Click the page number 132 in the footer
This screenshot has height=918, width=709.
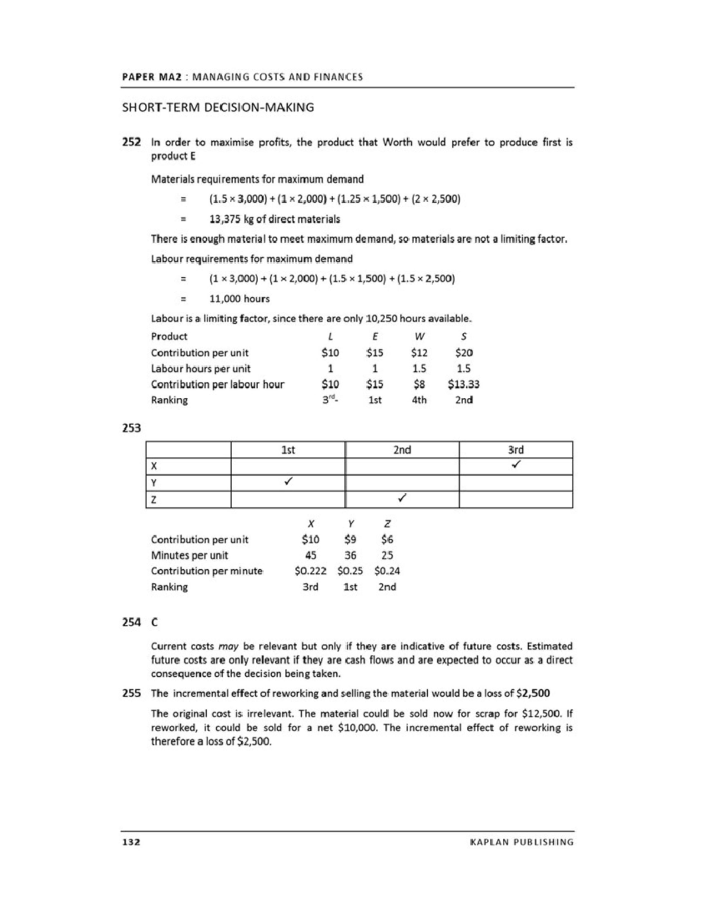(131, 842)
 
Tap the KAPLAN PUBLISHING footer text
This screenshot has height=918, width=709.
(522, 842)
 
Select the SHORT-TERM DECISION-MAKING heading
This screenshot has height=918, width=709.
(217, 108)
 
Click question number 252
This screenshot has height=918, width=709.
(131, 142)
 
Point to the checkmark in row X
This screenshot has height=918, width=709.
(516, 466)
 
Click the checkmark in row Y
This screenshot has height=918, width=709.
(288, 482)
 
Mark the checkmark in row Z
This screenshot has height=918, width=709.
(402, 499)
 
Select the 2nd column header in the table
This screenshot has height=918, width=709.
(402, 450)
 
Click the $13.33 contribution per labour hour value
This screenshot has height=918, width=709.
(464, 384)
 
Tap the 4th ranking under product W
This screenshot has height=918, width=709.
(419, 400)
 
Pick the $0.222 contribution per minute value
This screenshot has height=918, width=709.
(310, 571)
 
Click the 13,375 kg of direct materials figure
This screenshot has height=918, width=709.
(275, 219)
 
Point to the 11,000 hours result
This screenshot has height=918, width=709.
(239, 299)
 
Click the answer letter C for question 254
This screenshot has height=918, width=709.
(155, 622)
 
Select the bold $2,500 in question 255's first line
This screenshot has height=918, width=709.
(533, 693)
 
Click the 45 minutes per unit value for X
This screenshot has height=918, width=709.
(310, 555)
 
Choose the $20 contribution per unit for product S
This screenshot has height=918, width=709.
(464, 353)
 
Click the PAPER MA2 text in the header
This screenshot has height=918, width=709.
(151, 77)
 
